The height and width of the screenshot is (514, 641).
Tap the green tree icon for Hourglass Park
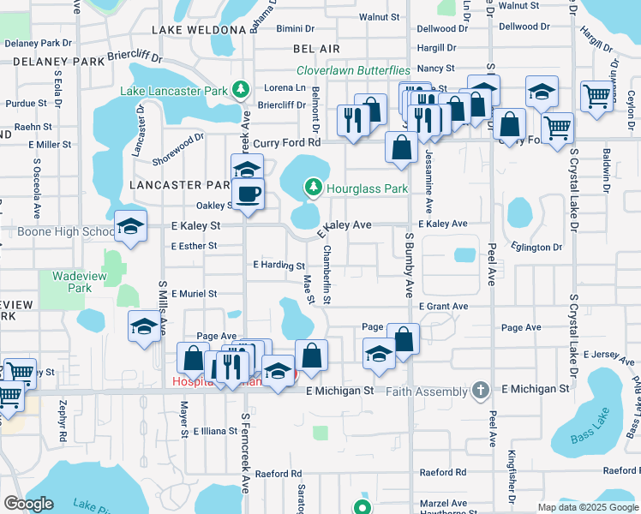tap(313, 187)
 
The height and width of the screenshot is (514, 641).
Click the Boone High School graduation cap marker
tap(130, 226)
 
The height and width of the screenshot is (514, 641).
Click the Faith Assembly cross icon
tap(482, 391)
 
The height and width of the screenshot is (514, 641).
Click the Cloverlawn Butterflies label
tap(353, 70)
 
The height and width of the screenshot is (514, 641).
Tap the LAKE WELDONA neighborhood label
tap(199, 30)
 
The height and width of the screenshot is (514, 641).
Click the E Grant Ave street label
tap(443, 306)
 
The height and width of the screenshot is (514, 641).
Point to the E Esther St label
tap(194, 246)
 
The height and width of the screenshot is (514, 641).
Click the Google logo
tap(28, 504)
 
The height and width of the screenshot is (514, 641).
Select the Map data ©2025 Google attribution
tap(588, 507)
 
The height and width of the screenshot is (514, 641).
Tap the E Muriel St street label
tap(194, 293)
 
